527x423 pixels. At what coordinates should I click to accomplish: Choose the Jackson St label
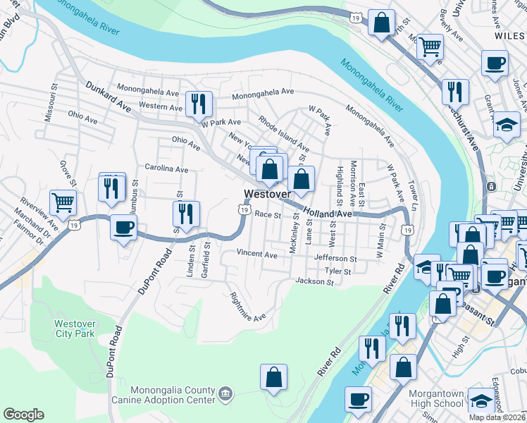[x=314, y=282]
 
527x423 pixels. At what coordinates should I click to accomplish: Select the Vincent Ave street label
[x=257, y=253]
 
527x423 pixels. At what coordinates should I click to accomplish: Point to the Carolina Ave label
[x=166, y=169]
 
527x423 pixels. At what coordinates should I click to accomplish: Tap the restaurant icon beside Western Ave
[x=198, y=104]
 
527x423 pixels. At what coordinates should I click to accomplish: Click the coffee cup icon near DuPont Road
[x=124, y=228]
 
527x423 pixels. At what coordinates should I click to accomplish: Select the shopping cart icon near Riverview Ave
[x=63, y=203]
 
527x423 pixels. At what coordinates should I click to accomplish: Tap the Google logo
[x=23, y=415]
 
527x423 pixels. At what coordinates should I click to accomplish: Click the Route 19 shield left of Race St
[x=244, y=209]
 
